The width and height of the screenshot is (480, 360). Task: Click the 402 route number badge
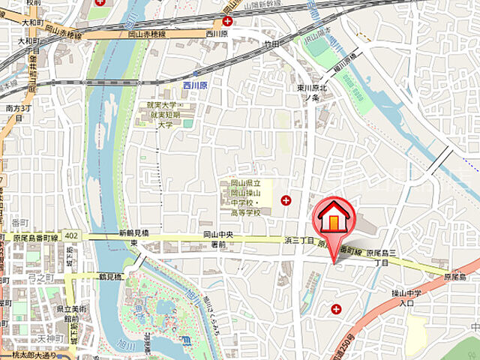pos(70,235)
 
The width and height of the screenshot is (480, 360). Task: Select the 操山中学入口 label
pos(406,298)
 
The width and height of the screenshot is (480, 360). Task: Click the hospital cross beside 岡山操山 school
pos(285,199)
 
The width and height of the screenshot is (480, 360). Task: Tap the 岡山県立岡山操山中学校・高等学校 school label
pos(240,198)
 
